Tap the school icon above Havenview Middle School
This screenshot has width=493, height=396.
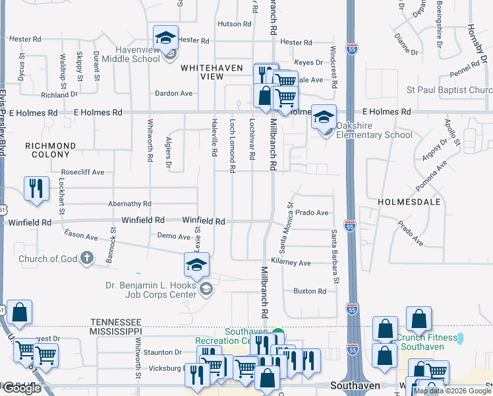click(x=166, y=37)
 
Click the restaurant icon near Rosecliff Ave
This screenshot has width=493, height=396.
click(x=36, y=188)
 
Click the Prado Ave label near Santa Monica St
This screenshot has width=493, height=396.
click(x=312, y=213)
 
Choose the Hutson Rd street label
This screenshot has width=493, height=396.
click(x=235, y=24)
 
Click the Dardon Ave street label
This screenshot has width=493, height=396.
click(x=173, y=94)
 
